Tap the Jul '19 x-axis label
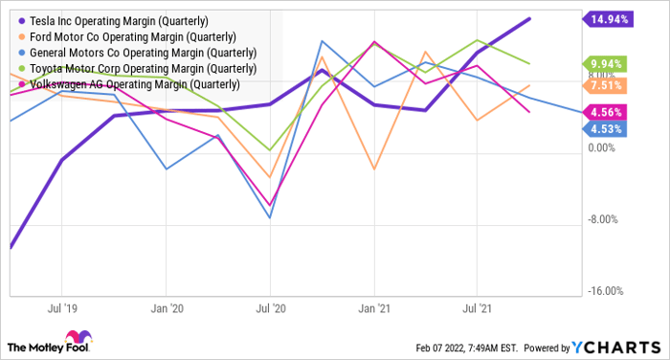coord(61,309)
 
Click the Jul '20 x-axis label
coord(270,309)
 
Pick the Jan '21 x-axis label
coord(374,309)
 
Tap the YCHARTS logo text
coord(614,346)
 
